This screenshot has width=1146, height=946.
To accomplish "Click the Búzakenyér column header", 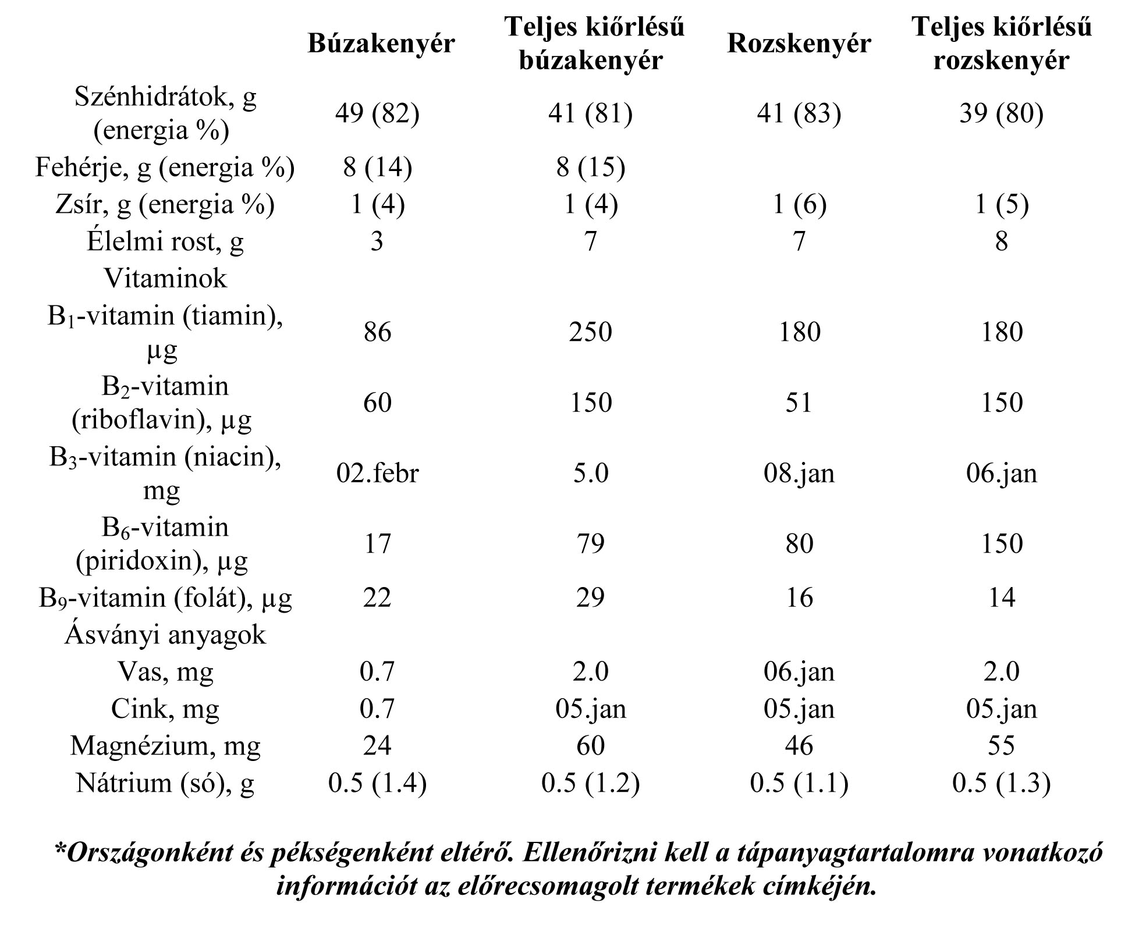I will tap(381, 44).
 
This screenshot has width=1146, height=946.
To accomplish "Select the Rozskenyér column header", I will tap(799, 44).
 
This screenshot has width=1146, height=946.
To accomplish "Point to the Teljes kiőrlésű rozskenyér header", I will tap(1001, 44).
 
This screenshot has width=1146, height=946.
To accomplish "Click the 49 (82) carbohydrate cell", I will tap(377, 113).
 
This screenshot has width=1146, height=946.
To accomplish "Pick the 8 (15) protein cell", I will tap(590, 168).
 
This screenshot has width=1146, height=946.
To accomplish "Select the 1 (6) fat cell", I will tap(799, 204).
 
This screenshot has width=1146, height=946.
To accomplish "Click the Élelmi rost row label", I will tap(165, 241).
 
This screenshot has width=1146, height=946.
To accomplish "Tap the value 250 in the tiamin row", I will tap(590, 332).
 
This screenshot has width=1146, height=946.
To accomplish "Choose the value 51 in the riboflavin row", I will tap(799, 403).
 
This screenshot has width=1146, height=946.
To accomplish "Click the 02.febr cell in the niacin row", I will tap(377, 473).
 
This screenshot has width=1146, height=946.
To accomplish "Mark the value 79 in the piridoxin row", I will tap(590, 543).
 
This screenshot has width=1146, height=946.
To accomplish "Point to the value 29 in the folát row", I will tap(590, 598).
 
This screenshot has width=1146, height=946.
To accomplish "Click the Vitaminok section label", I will tap(165, 278).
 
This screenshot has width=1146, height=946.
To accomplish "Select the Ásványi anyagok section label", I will tap(165, 634).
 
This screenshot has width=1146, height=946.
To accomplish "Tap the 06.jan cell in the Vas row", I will tap(799, 671).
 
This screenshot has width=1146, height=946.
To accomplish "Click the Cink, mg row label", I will tap(165, 709).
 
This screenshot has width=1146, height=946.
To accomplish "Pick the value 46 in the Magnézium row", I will tap(799, 745).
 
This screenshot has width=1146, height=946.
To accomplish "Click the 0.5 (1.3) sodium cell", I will tap(1001, 783).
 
